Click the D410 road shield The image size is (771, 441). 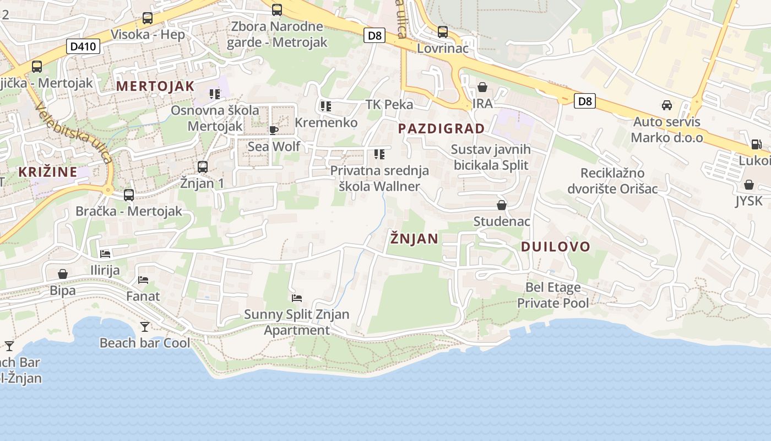point(84,46)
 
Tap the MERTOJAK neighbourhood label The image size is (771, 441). point(155,86)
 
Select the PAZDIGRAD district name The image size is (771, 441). point(441,129)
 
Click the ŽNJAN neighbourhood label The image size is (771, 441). point(414,239)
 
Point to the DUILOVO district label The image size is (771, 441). point(555,246)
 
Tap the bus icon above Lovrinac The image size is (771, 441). point(442,32)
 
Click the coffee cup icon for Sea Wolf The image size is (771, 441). point(273,130)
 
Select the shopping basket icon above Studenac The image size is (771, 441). point(502,205)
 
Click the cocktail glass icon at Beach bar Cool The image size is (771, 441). point(144,327)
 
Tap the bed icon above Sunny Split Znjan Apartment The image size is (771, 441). point(297,298)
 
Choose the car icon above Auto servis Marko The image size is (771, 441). point(666,105)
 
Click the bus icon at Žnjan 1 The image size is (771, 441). point(202,166)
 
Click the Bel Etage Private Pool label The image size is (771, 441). point(553,295)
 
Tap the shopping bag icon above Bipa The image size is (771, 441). point(63,274)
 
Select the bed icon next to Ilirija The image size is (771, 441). point(105,254)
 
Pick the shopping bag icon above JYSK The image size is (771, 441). point(748,185)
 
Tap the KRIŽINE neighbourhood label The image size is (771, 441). point(47,171)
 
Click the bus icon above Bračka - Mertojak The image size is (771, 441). point(128,195)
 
